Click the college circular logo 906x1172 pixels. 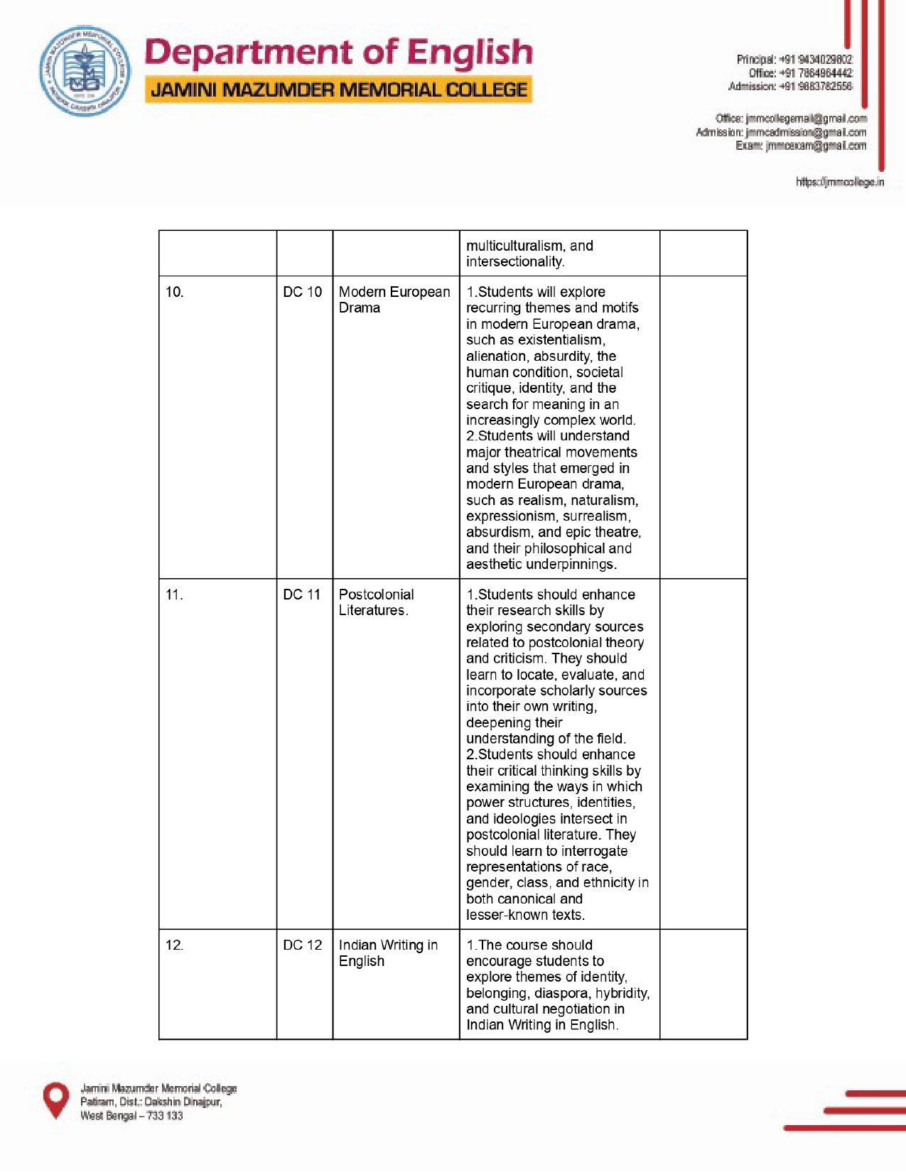pyautogui.click(x=85, y=72)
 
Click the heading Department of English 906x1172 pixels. pyautogui.click(x=338, y=53)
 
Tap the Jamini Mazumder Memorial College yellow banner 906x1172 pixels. pyautogui.click(x=339, y=90)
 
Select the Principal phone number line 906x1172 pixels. pyautogui.click(x=794, y=60)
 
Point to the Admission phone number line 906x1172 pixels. pyautogui.click(x=789, y=87)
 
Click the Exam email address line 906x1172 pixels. pyautogui.click(x=801, y=146)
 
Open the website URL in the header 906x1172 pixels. pyautogui.click(x=839, y=182)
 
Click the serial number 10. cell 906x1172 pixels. pyautogui.click(x=175, y=292)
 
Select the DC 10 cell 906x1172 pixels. pyautogui.click(x=302, y=292)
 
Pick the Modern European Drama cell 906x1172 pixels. pyautogui.click(x=394, y=300)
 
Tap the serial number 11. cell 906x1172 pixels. pyautogui.click(x=175, y=595)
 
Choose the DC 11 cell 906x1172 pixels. pyautogui.click(x=302, y=595)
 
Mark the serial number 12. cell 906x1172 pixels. pyautogui.click(x=175, y=945)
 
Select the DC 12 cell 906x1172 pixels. pyautogui.click(x=302, y=945)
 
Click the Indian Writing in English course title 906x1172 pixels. pyautogui.click(x=388, y=953)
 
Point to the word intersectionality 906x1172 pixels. pyautogui.click(x=514, y=262)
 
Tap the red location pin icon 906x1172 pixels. pyautogui.click(x=56, y=1100)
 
